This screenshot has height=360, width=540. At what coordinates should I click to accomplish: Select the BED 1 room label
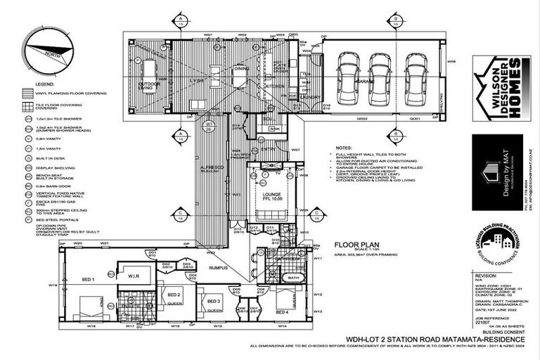(88, 279)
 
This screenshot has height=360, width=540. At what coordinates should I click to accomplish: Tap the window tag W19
(52, 285)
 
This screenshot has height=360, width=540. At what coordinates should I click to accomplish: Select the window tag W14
(282, 327)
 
